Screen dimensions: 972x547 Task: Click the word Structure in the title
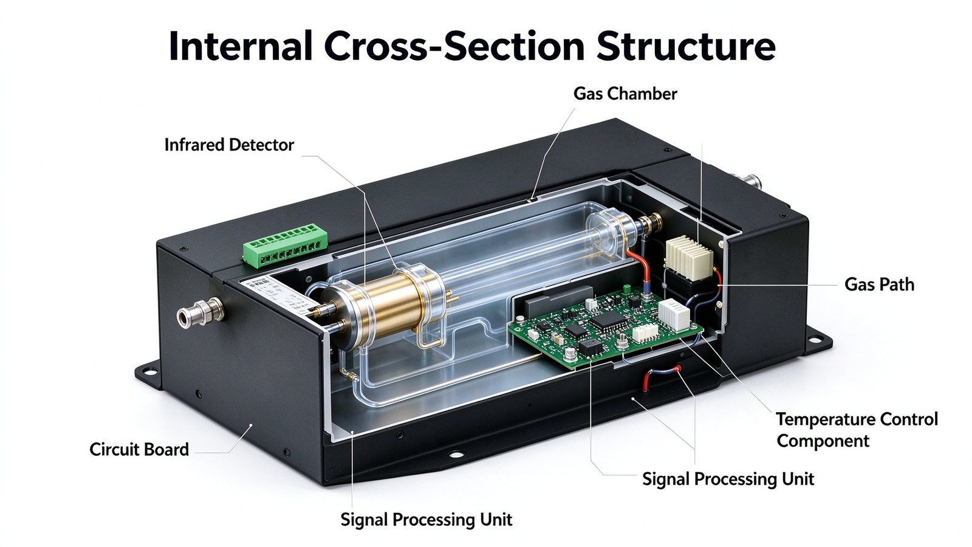pos(686,46)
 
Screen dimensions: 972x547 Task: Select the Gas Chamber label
pos(625,94)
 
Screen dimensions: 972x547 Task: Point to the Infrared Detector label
pos(229,145)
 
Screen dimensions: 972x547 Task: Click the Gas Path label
pos(879,284)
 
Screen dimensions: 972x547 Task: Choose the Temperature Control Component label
pos(857,430)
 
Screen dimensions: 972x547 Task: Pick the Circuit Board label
pos(139,449)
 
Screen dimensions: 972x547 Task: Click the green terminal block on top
pos(284,246)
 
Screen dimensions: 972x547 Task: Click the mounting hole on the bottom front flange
pos(456,455)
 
